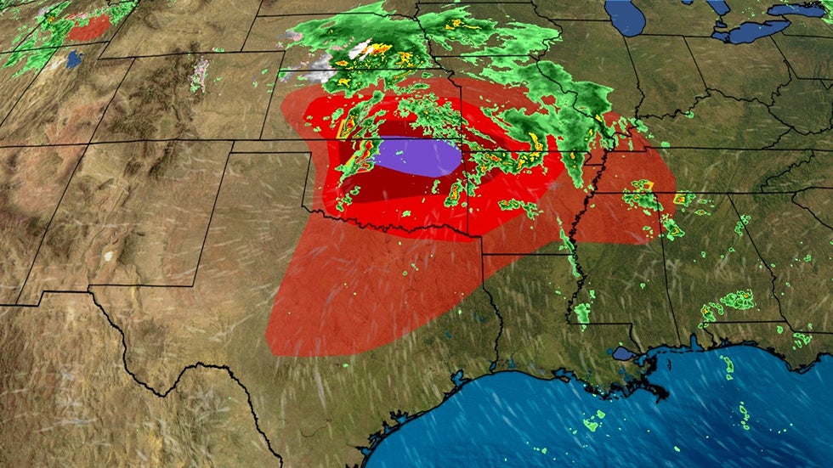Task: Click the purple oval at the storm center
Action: [x=419, y=158]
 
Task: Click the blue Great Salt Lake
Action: [x=74, y=59]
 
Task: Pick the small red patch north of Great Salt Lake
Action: [x=88, y=28]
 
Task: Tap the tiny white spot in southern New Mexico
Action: [x=108, y=255]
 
